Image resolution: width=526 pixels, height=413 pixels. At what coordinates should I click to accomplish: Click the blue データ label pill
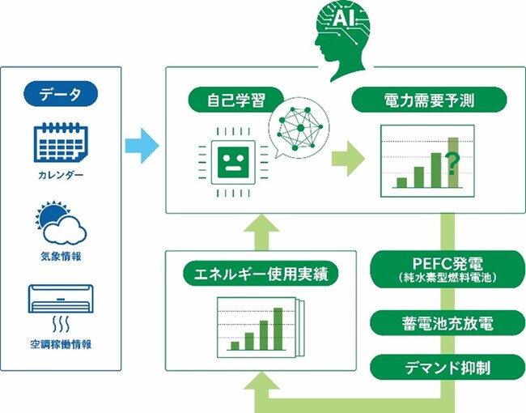tap(61, 94)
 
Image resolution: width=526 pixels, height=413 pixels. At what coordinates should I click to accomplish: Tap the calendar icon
tap(61, 143)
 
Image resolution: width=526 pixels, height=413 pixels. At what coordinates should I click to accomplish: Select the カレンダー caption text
tap(61, 175)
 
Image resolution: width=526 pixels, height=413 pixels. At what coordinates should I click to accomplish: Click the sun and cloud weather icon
tap(61, 222)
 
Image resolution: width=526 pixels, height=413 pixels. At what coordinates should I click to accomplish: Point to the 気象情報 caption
tap(61, 257)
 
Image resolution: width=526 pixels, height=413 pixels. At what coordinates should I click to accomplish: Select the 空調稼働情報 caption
tap(61, 344)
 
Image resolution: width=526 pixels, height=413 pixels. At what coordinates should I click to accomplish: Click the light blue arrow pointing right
tap(142, 146)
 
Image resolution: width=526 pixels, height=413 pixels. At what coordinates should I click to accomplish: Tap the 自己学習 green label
tap(235, 100)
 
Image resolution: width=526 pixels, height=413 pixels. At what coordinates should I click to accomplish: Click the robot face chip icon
tap(233, 163)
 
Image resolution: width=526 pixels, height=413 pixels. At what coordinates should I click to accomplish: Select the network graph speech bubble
tap(299, 128)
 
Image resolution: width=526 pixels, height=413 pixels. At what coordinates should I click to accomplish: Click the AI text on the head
tap(343, 19)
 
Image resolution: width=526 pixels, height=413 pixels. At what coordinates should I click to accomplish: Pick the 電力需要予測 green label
tap(429, 100)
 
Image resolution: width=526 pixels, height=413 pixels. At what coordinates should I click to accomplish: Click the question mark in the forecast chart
tap(452, 164)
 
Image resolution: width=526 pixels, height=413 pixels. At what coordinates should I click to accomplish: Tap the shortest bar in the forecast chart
tap(401, 183)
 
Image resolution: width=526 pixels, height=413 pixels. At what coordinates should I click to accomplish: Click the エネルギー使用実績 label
tap(261, 274)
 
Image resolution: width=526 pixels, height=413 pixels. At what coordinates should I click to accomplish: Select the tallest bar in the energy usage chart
tap(278, 329)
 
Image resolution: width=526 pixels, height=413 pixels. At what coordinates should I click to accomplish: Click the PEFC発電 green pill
tap(448, 270)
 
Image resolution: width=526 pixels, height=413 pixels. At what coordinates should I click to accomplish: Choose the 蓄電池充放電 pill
tap(448, 323)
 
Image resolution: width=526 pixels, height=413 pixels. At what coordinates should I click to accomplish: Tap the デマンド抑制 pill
tap(448, 368)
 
